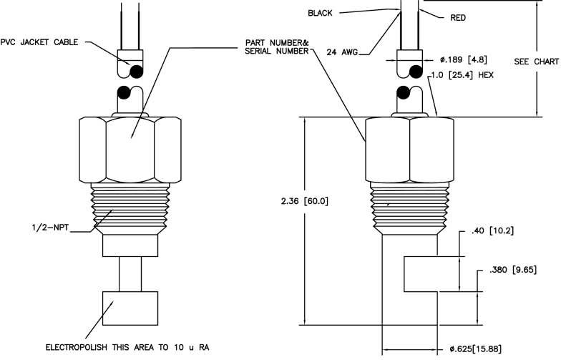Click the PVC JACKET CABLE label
[39, 42]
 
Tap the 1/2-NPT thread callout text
[50, 228]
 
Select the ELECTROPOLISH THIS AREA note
[127, 347]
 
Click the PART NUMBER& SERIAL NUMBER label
[276, 47]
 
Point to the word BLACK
[320, 13]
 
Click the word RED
[458, 17]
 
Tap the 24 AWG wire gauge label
[342, 52]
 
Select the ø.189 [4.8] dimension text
[464, 59]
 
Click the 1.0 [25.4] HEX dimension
[462, 75]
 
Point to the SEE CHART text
[537, 62]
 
